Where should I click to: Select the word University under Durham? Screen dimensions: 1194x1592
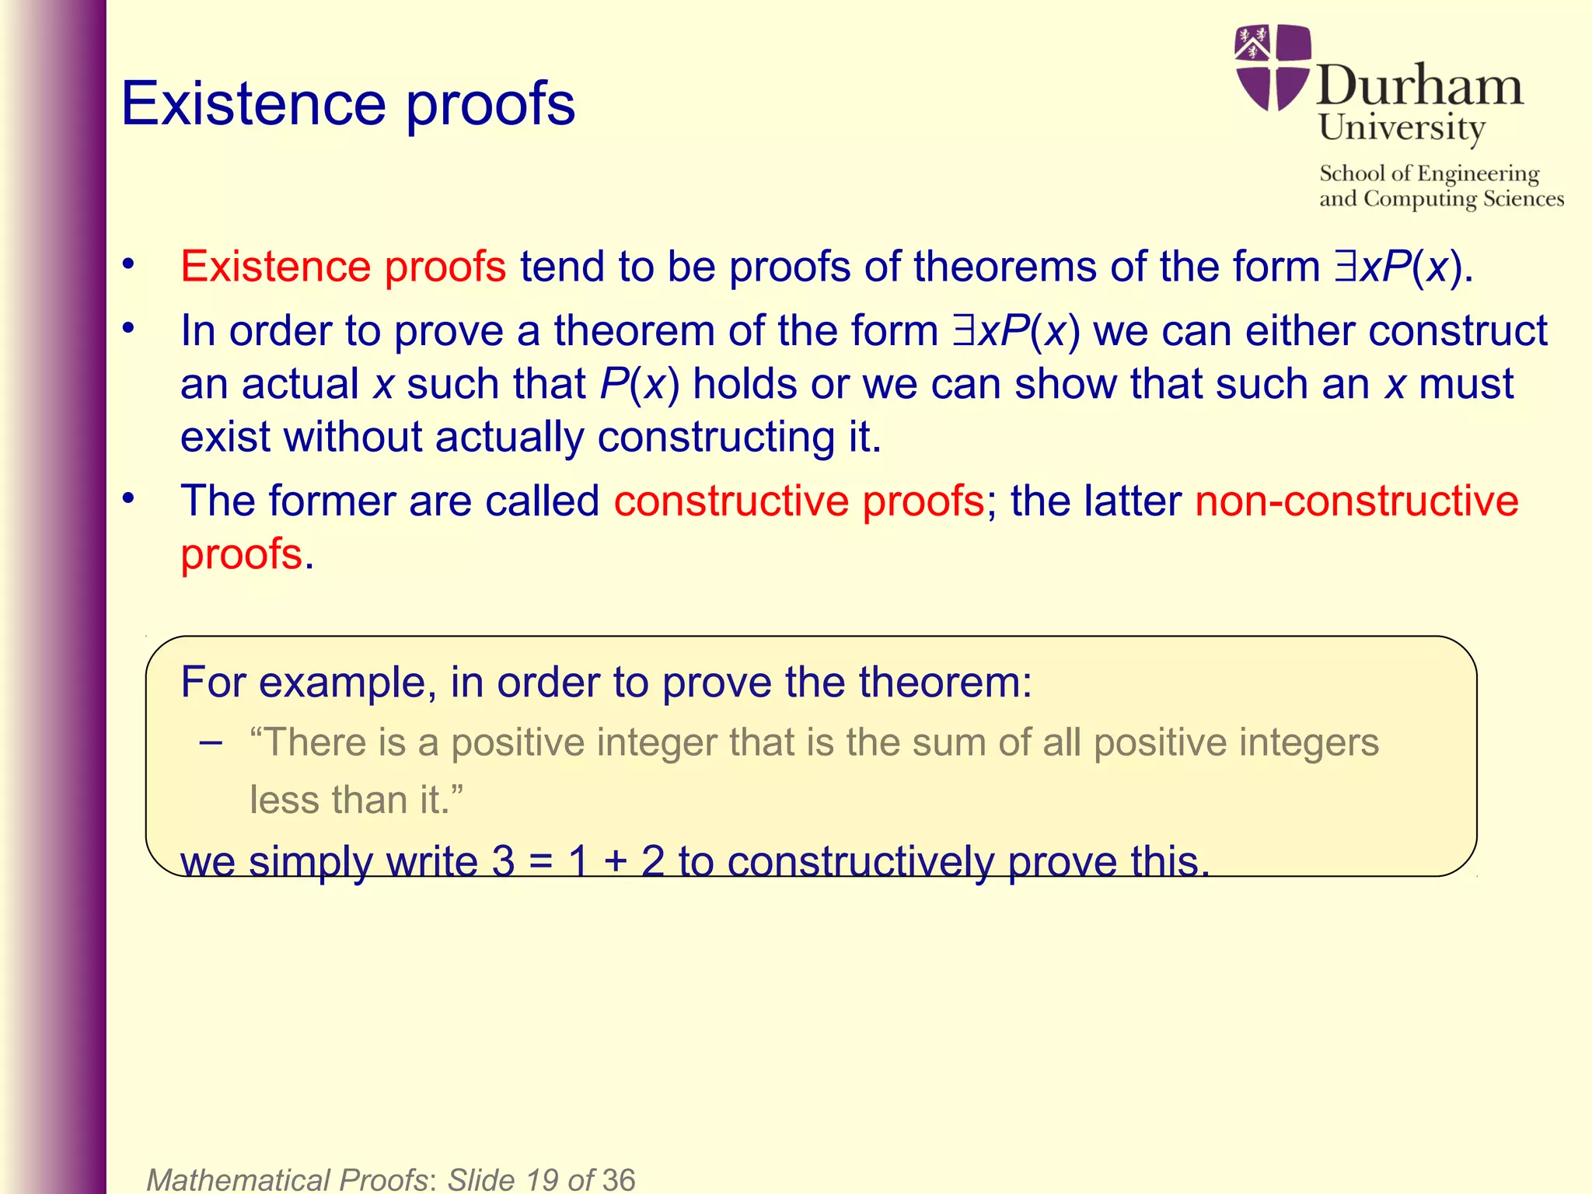pyautogui.click(x=1402, y=127)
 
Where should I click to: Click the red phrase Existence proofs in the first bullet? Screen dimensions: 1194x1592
pyautogui.click(x=343, y=267)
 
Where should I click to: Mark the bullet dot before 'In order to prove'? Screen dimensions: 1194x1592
pyautogui.click(x=128, y=329)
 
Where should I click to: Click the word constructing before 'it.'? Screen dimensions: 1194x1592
pyautogui.click(x=715, y=437)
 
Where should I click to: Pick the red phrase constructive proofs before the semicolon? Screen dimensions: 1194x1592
pyautogui.click(x=799, y=501)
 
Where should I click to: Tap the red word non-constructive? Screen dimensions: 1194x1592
pyautogui.click(x=1356, y=501)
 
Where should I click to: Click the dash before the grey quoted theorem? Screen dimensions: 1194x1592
pyautogui.click(x=210, y=742)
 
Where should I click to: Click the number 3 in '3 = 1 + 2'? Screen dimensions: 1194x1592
pyautogui.click(x=503, y=861)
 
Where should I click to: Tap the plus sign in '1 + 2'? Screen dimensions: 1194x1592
pyautogui.click(x=614, y=862)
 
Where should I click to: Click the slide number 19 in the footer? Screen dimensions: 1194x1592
pyautogui.click(x=542, y=1179)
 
